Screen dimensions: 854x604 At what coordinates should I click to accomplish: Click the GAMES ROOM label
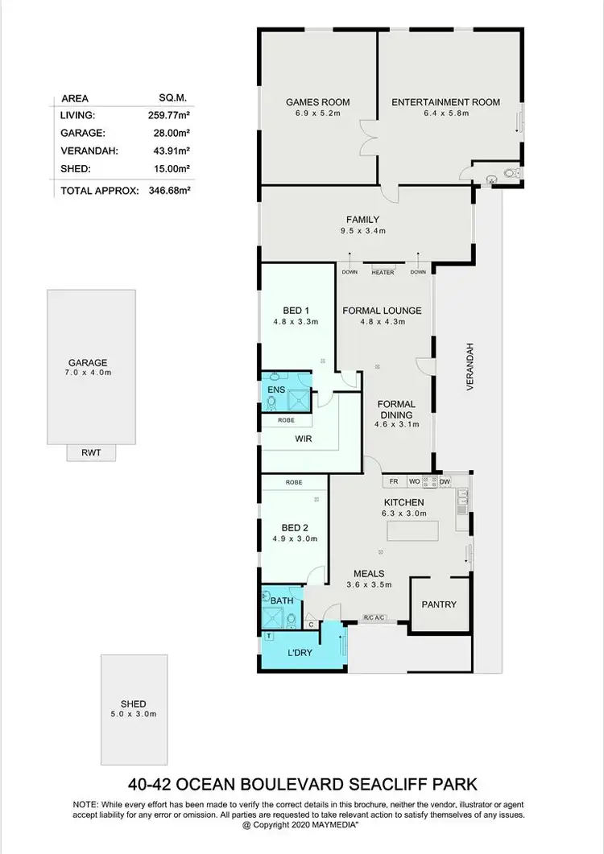[317, 102]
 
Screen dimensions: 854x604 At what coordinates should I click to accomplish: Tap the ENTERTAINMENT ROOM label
[445, 102]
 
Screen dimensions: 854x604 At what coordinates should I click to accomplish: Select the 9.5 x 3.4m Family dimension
[362, 231]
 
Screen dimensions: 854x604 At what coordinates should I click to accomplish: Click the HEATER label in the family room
[383, 272]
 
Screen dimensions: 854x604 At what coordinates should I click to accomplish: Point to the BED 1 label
[295, 311]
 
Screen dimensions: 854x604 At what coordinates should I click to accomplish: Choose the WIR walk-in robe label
[303, 439]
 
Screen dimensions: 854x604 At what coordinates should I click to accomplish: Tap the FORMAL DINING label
[395, 410]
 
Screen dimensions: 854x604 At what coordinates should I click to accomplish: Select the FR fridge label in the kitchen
[394, 481]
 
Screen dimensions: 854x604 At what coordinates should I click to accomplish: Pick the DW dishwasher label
[445, 481]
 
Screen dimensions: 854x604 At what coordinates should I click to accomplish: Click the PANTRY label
[439, 604]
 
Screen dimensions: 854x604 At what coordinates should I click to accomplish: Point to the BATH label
[281, 600]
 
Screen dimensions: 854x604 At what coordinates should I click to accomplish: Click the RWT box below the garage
[91, 452]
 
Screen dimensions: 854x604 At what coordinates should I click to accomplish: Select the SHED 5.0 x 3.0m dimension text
[134, 714]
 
